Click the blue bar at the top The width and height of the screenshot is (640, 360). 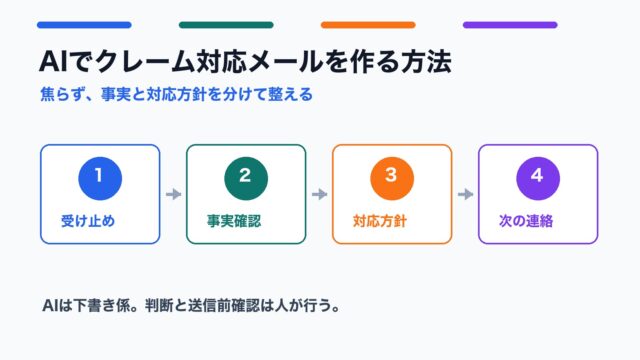click(x=84, y=25)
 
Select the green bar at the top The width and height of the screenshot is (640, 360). click(x=226, y=25)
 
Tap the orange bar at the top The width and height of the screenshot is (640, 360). click(x=368, y=25)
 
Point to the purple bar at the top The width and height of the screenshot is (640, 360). click(x=510, y=25)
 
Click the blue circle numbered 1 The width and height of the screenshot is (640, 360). click(x=100, y=178)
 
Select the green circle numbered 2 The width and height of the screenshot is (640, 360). click(x=246, y=178)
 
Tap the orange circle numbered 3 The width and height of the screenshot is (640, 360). click(x=392, y=178)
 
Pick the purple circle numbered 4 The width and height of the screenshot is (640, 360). click(x=538, y=178)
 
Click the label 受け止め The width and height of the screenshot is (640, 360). click(x=88, y=221)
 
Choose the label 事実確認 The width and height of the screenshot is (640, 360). click(x=234, y=221)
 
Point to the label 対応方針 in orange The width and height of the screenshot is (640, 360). click(x=380, y=221)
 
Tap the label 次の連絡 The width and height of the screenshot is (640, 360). click(x=526, y=221)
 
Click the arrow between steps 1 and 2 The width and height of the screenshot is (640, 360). click(x=173, y=194)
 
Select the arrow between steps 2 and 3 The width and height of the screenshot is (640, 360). click(x=320, y=194)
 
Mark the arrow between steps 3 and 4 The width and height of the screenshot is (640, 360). click(x=465, y=194)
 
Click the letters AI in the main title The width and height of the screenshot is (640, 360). click(x=53, y=62)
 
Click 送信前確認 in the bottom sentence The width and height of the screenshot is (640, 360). click(x=224, y=305)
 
